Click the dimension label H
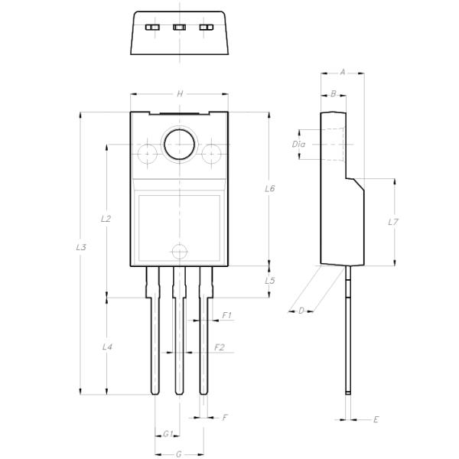pyautogui.click(x=180, y=93)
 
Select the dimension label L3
pyautogui.click(x=82, y=247)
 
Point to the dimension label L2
pyautogui.click(x=106, y=219)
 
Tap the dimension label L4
pyautogui.click(x=107, y=347)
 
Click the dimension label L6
pyautogui.click(x=269, y=188)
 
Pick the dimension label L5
pyautogui.click(x=269, y=281)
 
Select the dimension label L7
pyautogui.click(x=393, y=222)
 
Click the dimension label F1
pyautogui.click(x=227, y=315)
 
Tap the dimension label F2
pyautogui.click(x=220, y=347)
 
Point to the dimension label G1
pyautogui.click(x=168, y=434)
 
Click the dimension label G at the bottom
pyautogui.click(x=178, y=454)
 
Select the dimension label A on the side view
pyautogui.click(x=342, y=72)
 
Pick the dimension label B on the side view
pyautogui.click(x=333, y=93)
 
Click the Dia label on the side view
pyautogui.click(x=299, y=144)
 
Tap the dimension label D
pyautogui.click(x=301, y=310)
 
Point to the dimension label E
pyautogui.click(x=376, y=420)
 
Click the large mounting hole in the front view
pyautogui.click(x=179, y=145)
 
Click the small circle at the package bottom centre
pyautogui.click(x=179, y=250)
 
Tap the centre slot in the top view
pyautogui.click(x=180, y=28)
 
